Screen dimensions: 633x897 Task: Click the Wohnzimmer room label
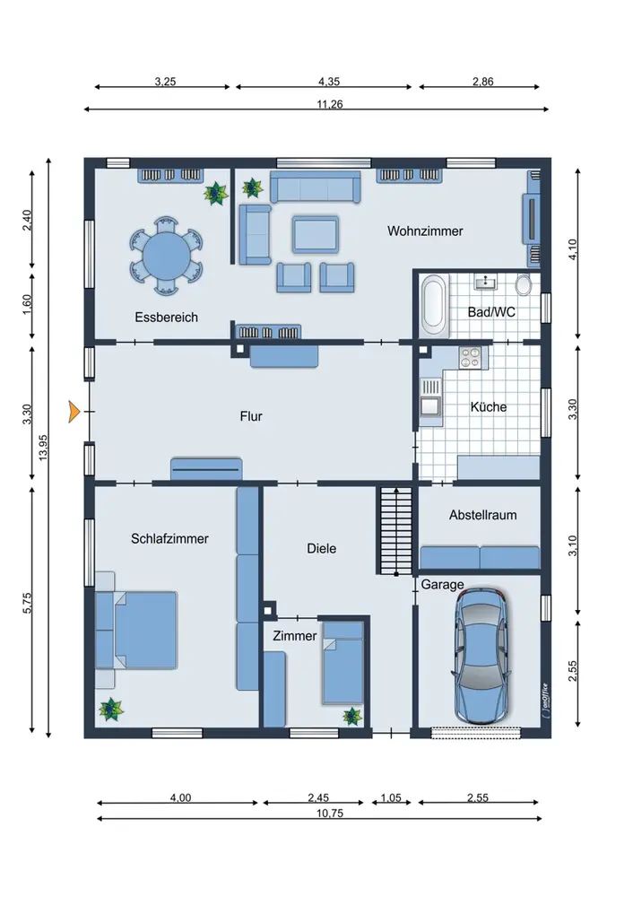pyautogui.click(x=425, y=231)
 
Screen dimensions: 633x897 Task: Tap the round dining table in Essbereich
pyautogui.click(x=166, y=256)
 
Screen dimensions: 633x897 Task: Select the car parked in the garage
pyautogui.click(x=481, y=656)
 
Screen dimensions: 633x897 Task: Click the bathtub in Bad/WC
pyautogui.click(x=434, y=307)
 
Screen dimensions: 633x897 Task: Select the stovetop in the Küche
pyautogui.click(x=472, y=358)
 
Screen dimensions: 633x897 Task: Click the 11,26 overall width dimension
pyautogui.click(x=330, y=104)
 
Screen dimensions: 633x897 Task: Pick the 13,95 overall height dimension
pyautogui.click(x=43, y=448)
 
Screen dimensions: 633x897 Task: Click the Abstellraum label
pyautogui.click(x=482, y=515)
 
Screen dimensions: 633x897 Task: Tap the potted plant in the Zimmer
pyautogui.click(x=351, y=716)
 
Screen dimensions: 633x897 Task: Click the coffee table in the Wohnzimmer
pyautogui.click(x=315, y=234)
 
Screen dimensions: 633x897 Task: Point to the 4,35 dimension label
pyautogui.click(x=329, y=82)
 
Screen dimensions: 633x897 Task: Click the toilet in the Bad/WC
pyautogui.click(x=524, y=284)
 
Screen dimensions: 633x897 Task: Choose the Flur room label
pyautogui.click(x=251, y=416)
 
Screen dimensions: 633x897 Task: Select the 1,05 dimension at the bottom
pyautogui.click(x=391, y=797)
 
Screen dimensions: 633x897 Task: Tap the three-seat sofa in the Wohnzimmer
pyautogui.click(x=315, y=187)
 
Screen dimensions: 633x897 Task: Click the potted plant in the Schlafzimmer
pyautogui.click(x=111, y=710)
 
